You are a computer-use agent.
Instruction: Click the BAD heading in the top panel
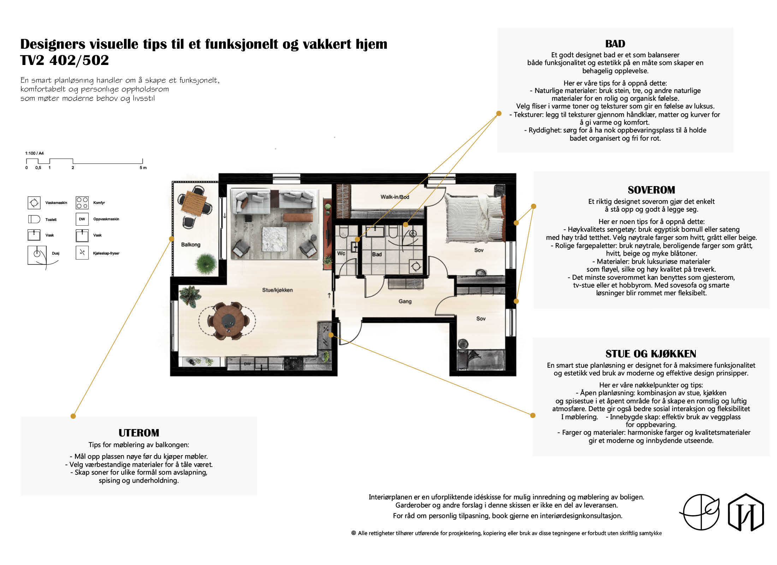(x=615, y=44)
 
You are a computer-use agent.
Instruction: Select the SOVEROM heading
(x=651, y=190)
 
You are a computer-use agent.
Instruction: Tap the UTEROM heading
(x=139, y=433)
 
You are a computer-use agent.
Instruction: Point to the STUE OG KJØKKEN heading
(x=651, y=354)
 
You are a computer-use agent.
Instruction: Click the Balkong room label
(x=191, y=245)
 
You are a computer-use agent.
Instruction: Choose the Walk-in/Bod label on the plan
(x=395, y=197)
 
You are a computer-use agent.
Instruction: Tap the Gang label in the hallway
(x=405, y=302)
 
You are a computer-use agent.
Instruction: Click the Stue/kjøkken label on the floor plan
(x=277, y=290)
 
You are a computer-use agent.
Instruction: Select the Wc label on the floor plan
(x=341, y=253)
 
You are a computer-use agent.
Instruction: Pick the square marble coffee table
(x=275, y=239)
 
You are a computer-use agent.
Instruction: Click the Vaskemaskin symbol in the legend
(x=34, y=203)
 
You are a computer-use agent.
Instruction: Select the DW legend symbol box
(x=82, y=219)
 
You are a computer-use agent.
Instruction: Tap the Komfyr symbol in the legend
(x=82, y=203)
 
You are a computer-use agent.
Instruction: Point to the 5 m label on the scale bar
(x=143, y=168)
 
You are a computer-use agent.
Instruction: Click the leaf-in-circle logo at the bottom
(x=700, y=512)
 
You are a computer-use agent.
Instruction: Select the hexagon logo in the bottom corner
(x=746, y=512)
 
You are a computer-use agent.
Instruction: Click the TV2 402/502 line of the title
(x=65, y=60)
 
